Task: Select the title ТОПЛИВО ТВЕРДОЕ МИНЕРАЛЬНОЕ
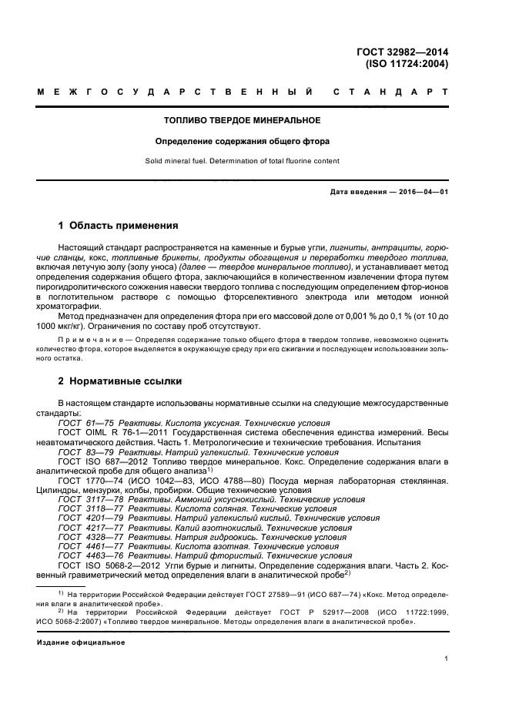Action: pyautogui.click(x=243, y=121)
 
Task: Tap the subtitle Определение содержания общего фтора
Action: pyautogui.click(x=243, y=142)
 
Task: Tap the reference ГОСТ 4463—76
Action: pyautogui.click(x=91, y=555)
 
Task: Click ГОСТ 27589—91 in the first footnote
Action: pyautogui.click(x=239, y=595)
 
